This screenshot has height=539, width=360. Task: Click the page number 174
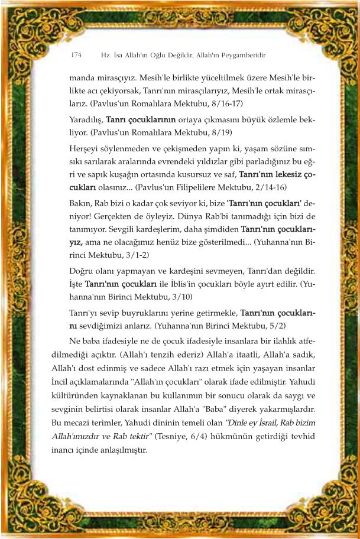click(76, 55)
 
